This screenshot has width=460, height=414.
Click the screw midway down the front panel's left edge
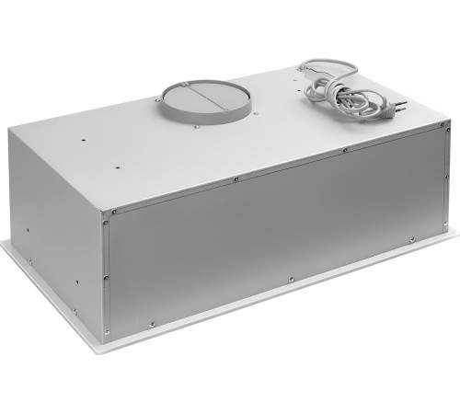coord(106,275)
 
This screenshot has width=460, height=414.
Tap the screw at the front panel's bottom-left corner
coord(109,329)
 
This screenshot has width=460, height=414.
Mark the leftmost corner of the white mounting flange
coord(4,244)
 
